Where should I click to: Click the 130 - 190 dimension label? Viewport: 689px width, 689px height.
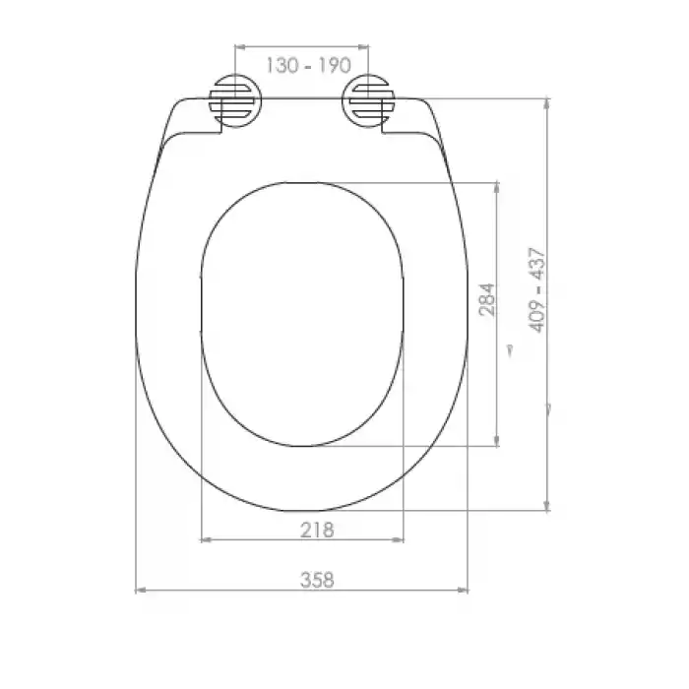point(308,66)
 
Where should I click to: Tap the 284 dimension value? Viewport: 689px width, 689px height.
point(487,299)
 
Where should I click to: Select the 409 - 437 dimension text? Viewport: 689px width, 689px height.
point(537,290)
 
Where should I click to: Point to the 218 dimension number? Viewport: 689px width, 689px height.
point(317,530)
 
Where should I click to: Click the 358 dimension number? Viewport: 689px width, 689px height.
point(317,580)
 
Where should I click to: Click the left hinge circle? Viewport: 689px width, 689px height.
point(236,100)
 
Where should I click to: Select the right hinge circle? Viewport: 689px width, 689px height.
point(368,100)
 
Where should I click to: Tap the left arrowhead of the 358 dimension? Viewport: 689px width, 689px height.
point(141,591)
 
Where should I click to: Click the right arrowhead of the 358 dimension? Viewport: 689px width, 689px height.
point(463,591)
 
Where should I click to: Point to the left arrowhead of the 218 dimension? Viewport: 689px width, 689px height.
point(206,539)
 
